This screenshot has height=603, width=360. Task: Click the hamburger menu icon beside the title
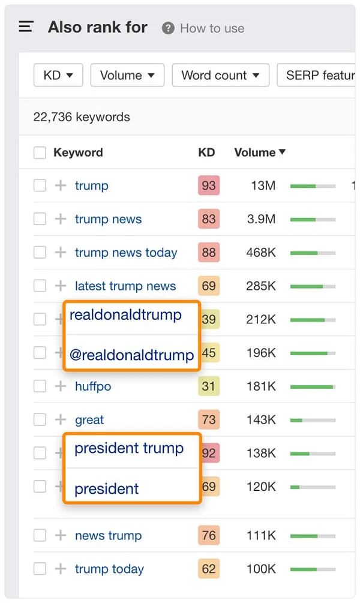[26, 27]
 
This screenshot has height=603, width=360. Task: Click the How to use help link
[204, 28]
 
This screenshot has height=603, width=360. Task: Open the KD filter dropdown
[58, 76]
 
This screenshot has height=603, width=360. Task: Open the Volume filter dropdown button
[127, 76]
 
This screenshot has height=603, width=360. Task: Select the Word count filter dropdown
[220, 76]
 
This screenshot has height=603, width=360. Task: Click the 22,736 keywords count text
[82, 117]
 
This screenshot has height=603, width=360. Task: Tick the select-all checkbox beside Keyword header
[40, 153]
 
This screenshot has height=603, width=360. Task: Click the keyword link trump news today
[126, 253]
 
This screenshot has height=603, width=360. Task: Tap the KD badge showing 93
[208, 186]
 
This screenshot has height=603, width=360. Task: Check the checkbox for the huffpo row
[40, 386]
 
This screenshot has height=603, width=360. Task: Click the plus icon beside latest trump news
[61, 286]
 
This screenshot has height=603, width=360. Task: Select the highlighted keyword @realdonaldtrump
[131, 355]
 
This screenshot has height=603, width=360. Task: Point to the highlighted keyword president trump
[129, 449]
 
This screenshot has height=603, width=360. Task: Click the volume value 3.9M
[261, 220]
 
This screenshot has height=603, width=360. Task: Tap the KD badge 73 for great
[208, 420]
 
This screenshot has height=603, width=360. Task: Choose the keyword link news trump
[109, 536]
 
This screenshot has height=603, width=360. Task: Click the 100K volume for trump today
[261, 569]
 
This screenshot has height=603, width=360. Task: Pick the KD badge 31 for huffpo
[208, 386]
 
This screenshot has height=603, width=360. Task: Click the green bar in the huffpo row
[312, 387]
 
